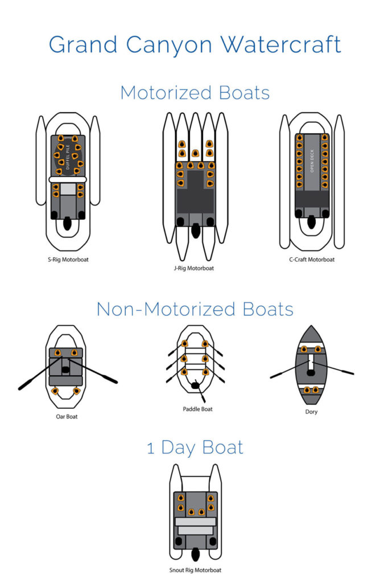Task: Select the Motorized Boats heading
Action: tap(195, 93)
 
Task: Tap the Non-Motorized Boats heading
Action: tap(195, 309)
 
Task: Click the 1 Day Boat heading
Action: tap(195, 447)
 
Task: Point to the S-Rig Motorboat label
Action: tap(68, 260)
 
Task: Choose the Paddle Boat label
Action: tap(197, 409)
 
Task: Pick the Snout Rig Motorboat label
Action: tap(195, 569)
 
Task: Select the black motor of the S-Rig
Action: tap(68, 225)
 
